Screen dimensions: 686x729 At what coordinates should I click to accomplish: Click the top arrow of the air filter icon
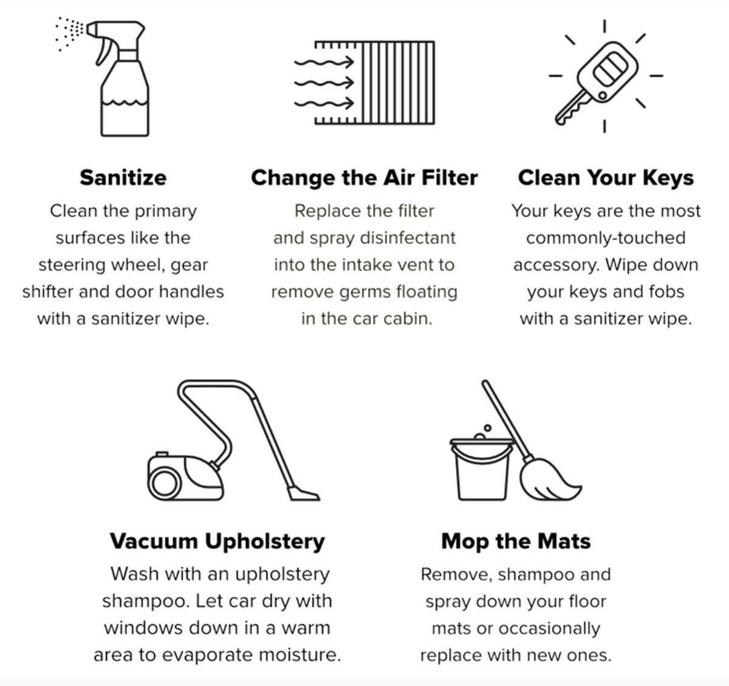[324, 62]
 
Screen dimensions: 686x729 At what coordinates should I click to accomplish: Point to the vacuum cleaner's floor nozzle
[303, 493]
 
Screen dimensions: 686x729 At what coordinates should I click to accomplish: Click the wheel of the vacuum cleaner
[163, 484]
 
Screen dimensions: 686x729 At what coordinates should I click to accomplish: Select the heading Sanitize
[123, 177]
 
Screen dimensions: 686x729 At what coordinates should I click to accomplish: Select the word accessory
[555, 265]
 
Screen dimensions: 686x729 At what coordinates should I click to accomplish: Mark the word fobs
[666, 292]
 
